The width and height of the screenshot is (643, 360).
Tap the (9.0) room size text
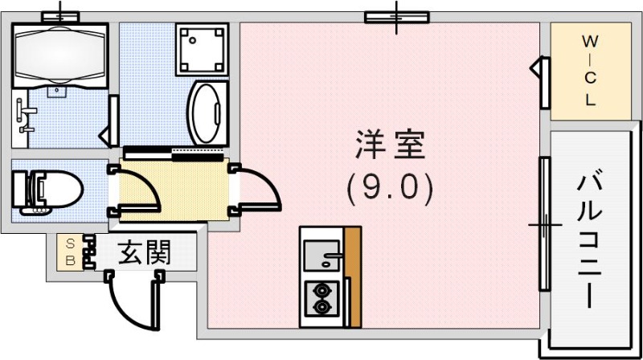tap(390, 189)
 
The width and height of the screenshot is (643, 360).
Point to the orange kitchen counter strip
tap(352, 277)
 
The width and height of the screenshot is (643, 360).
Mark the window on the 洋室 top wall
tap(396, 16)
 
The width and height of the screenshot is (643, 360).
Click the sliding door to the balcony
tap(544, 224)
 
